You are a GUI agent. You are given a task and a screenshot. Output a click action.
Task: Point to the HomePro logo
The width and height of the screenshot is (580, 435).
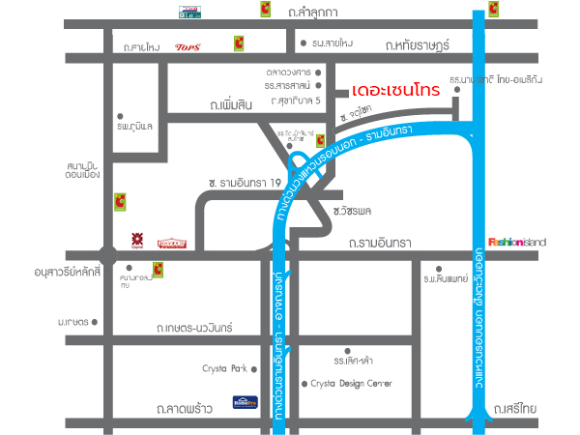coord(246,400)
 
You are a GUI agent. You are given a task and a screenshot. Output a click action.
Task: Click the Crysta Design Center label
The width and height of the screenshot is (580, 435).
coord(350,384)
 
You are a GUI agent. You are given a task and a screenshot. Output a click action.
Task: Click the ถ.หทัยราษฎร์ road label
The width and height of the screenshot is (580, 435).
coord(419,44)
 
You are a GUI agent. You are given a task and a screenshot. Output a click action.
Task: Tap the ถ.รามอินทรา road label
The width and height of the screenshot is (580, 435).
coord(382,242)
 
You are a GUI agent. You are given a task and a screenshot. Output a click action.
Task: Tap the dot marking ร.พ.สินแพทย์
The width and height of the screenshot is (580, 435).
coord(439,269)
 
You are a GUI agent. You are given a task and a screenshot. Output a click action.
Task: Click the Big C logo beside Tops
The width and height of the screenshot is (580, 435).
coord(237,43)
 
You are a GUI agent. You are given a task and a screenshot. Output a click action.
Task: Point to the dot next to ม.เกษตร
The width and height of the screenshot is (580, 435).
coord(99,321)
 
